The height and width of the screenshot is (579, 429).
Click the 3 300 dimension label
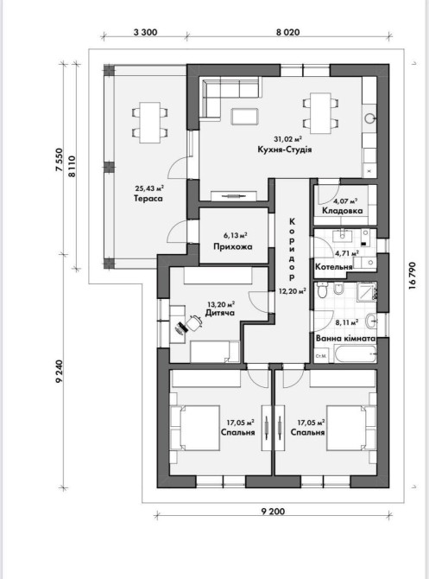click(145, 32)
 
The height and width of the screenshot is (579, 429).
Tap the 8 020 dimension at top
click(287, 32)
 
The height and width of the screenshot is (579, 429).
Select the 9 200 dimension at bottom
click(273, 512)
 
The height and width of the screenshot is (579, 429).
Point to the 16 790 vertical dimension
click(412, 276)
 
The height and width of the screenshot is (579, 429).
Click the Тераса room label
click(148, 199)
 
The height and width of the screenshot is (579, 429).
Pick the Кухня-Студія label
click(285, 150)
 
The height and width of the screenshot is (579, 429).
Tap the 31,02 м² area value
click(287, 139)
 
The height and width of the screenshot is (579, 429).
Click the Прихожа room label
click(233, 246)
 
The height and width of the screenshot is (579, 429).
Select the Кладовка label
click(343, 211)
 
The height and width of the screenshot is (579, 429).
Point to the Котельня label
click(334, 266)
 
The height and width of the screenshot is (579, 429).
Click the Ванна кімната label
click(345, 338)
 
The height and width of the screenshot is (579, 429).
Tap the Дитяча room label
click(220, 313)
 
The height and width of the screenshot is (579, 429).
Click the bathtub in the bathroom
click(356, 354)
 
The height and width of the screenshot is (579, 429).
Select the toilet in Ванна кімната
click(322, 290)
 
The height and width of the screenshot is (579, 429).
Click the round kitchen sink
click(369, 118)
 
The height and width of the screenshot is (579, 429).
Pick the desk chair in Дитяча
click(194, 322)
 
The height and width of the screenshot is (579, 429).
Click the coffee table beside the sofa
click(245, 117)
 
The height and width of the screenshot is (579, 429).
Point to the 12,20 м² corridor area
click(293, 291)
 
